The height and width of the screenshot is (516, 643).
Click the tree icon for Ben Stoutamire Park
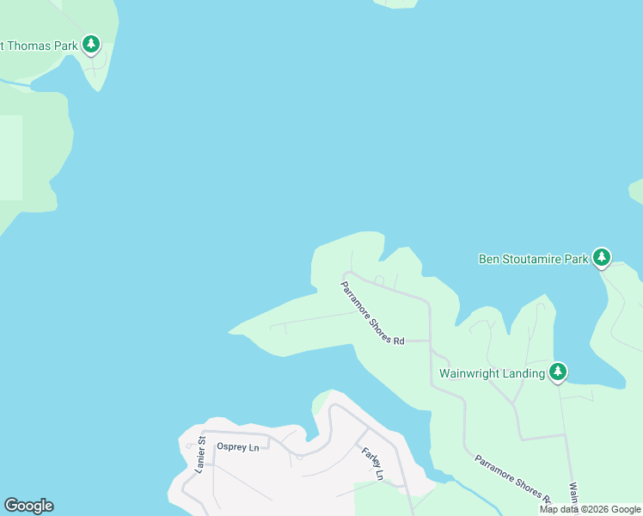(x=602, y=256)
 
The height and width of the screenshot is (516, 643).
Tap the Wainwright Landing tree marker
(x=559, y=371)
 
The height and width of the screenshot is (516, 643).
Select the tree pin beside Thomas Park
(x=91, y=44)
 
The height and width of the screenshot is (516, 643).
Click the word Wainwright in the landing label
(x=469, y=373)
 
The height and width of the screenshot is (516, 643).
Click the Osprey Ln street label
(x=238, y=447)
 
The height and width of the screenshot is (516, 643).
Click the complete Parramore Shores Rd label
(x=372, y=313)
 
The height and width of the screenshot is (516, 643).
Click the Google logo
(x=28, y=506)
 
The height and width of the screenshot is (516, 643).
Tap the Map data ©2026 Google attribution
(x=591, y=509)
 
